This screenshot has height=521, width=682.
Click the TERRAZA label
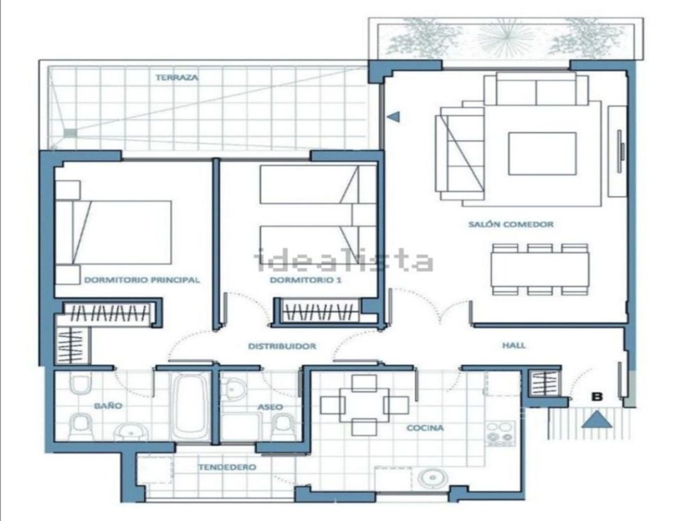pyautogui.click(x=176, y=77)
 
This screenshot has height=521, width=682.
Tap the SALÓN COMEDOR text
pyautogui.click(x=511, y=224)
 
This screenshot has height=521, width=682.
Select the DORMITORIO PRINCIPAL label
pyautogui.click(x=142, y=280)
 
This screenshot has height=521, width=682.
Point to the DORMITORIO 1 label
pyautogui.click(x=306, y=280)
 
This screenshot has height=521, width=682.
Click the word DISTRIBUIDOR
pyautogui.click(x=282, y=346)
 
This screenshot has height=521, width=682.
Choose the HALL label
pyautogui.click(x=514, y=345)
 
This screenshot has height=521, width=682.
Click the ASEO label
pyautogui.click(x=271, y=407)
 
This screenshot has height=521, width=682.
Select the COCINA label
pyautogui.click(x=425, y=428)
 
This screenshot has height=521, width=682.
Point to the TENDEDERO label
pyautogui.click(x=227, y=467)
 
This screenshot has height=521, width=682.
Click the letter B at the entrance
pyautogui.click(x=597, y=397)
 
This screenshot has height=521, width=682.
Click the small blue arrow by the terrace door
pyautogui.click(x=394, y=116)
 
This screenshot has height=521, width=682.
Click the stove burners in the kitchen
pyautogui.click(x=500, y=433)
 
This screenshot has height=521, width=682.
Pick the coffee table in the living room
pyautogui.click(x=542, y=154)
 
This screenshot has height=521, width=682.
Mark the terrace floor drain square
pyautogui.click(x=70, y=133)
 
